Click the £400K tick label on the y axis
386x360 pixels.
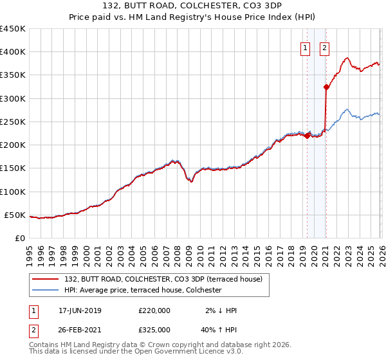pyautogui.click(x=13, y=52)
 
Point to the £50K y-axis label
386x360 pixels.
pyautogui.click(x=15, y=215)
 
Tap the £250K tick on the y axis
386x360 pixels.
pyautogui.click(x=13, y=122)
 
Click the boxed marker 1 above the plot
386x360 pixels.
pyautogui.click(x=304, y=48)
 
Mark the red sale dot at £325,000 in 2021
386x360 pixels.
pyautogui.click(x=326, y=87)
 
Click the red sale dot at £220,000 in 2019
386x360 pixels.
pyautogui.click(x=308, y=136)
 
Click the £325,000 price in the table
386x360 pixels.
pyautogui.click(x=154, y=329)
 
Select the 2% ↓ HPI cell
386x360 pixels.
pyautogui.click(x=221, y=310)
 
